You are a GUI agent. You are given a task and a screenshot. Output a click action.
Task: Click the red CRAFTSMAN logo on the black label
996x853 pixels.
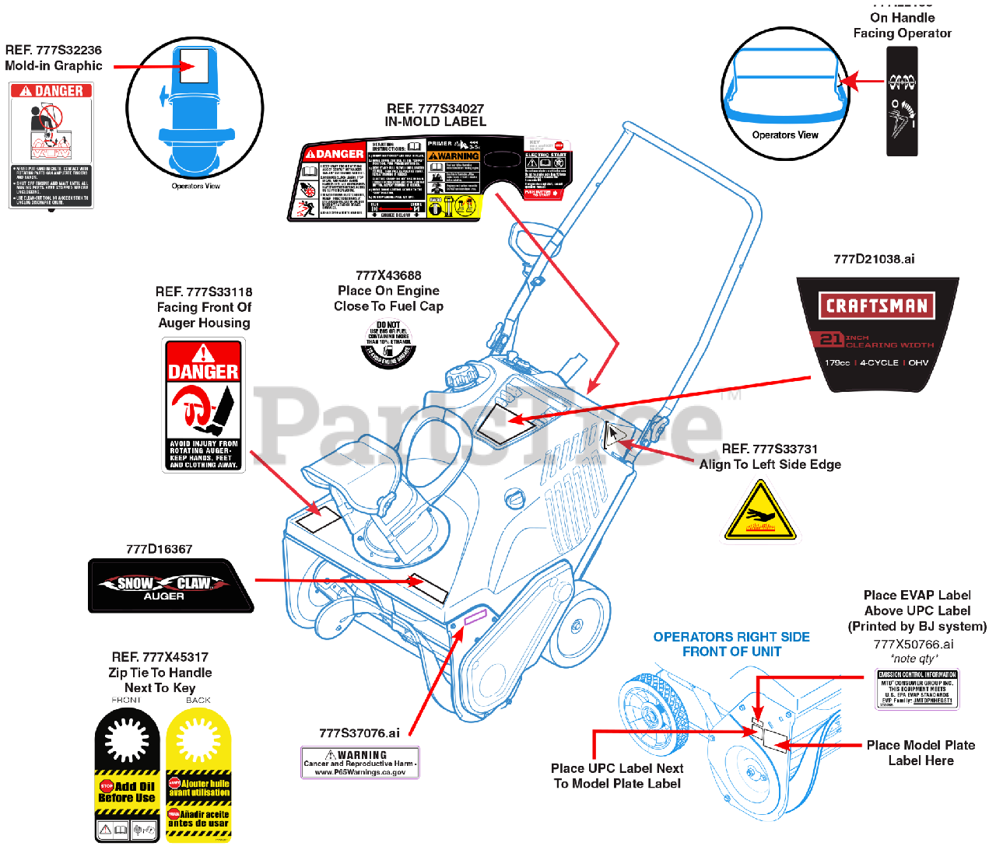coord(876,306)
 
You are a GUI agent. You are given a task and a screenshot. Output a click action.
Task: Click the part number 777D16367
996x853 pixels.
coord(160,549)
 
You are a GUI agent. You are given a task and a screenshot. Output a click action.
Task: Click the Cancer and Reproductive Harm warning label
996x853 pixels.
coord(360,763)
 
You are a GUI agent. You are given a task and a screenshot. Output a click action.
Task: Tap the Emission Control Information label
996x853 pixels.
coord(917,689)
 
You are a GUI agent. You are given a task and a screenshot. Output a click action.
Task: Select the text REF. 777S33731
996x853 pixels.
coord(770,449)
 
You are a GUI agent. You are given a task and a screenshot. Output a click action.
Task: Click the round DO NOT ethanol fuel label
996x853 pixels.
coord(388,344)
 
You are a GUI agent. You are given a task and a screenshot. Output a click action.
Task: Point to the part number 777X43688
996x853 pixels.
coord(388,275)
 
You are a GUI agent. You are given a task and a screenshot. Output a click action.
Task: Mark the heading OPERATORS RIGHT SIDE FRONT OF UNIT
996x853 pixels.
coord(731,644)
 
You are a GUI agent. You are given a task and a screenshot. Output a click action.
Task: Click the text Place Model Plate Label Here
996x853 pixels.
coord(921,753)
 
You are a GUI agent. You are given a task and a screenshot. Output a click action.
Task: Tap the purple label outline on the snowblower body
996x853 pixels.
coord(475,618)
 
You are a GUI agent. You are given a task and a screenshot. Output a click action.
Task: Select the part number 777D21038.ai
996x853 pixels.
coord(874,259)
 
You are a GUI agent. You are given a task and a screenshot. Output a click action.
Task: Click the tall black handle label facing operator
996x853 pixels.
coord(903,101)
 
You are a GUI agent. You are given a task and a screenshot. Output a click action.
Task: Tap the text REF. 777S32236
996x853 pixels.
coord(53,50)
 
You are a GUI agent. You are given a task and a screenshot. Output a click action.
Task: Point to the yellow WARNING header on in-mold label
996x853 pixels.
coord(454,156)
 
